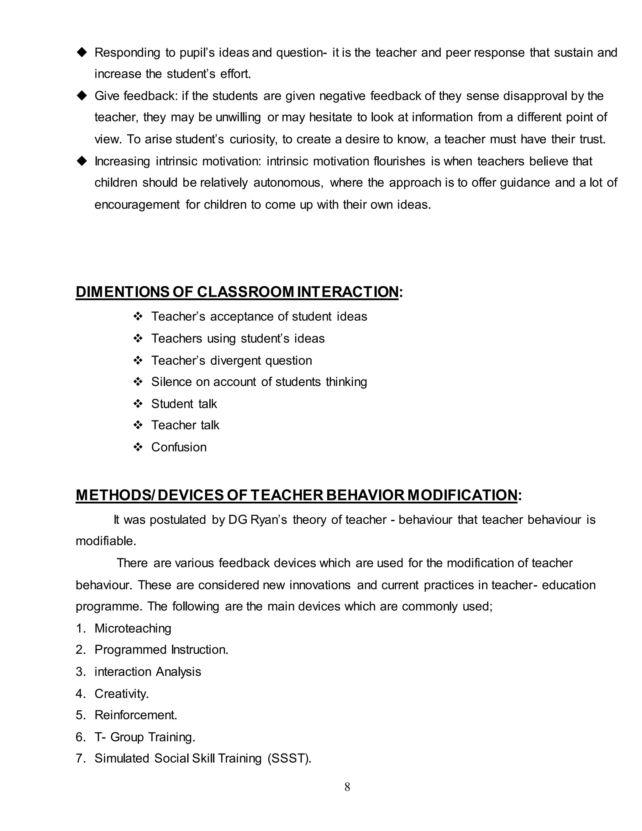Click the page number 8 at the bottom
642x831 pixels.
click(x=347, y=787)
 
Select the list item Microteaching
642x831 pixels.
click(x=133, y=628)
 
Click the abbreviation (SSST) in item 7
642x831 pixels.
click(x=289, y=758)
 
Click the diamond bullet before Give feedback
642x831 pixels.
click(x=82, y=96)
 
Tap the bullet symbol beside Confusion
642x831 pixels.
click(x=138, y=447)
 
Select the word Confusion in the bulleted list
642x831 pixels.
click(x=179, y=447)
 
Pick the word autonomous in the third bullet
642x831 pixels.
click(x=288, y=183)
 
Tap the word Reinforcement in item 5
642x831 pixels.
click(x=136, y=715)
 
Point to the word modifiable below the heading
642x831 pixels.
click(x=106, y=541)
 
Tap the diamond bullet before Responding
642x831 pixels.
click(x=82, y=52)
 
